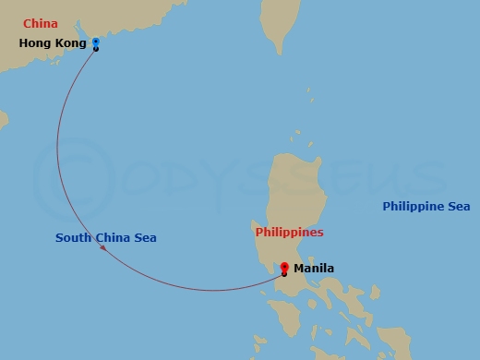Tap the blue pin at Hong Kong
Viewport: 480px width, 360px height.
click(x=96, y=42)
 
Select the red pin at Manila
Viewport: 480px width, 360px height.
click(x=284, y=269)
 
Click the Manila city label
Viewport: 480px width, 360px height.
click(x=313, y=269)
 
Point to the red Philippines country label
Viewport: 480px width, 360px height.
click(x=289, y=233)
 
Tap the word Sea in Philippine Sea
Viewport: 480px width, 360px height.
click(x=459, y=207)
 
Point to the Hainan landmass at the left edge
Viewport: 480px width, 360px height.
click(x=4, y=119)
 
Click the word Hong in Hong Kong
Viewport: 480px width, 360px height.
click(x=35, y=43)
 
